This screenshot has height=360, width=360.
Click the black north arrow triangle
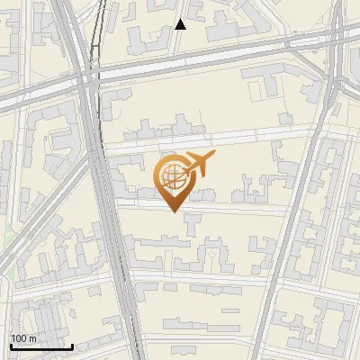pos(180,23)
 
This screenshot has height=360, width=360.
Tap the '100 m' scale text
pos(23,338)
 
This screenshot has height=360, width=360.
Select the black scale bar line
pos(41,346)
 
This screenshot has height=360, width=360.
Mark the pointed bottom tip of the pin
pos(174,212)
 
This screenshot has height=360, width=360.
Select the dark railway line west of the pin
pos(101,180)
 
